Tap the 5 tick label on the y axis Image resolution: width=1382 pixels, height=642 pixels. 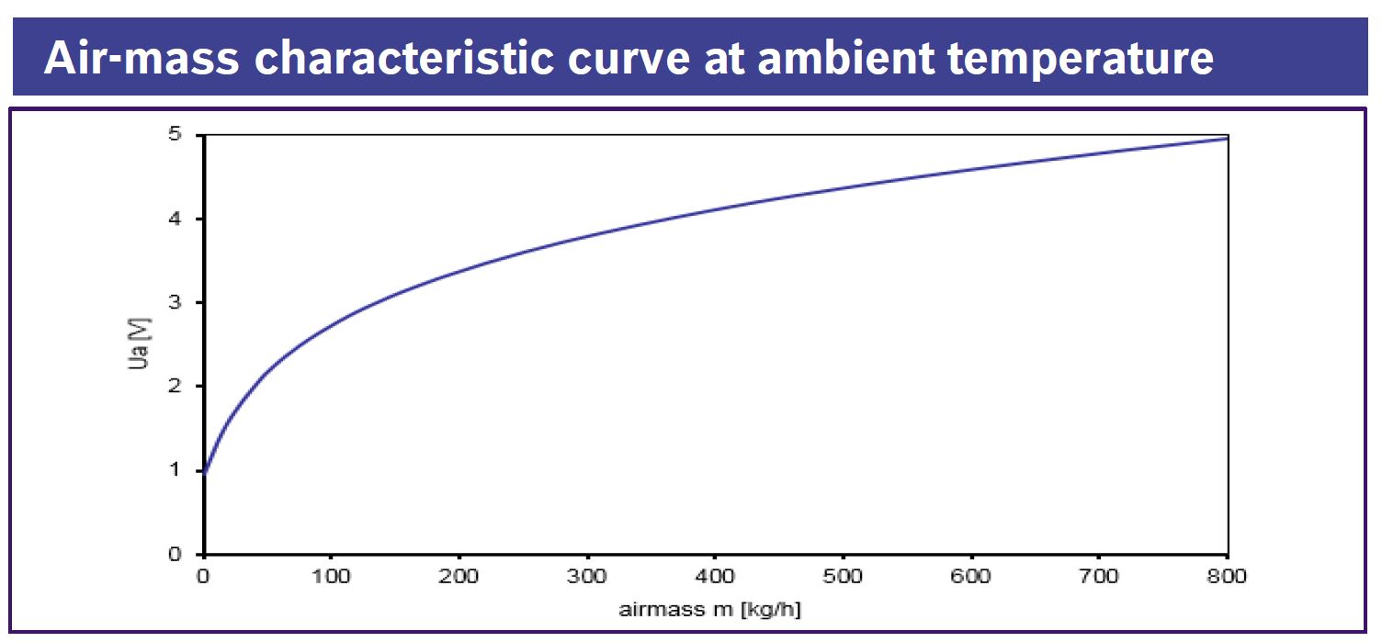pyautogui.click(x=175, y=135)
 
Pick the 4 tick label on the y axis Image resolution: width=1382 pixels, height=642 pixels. pyautogui.click(x=175, y=219)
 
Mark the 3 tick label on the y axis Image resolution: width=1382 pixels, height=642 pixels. pyautogui.click(x=175, y=302)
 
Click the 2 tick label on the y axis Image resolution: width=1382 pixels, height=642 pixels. pyautogui.click(x=175, y=386)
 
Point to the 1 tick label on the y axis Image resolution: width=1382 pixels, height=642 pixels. pyautogui.click(x=175, y=470)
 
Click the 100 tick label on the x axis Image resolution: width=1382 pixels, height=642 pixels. pyautogui.click(x=332, y=578)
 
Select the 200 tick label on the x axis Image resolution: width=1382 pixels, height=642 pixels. pyautogui.click(x=459, y=578)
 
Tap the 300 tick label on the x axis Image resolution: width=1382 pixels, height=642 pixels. pyautogui.click(x=587, y=578)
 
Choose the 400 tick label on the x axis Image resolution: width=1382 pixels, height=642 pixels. pyautogui.click(x=715, y=578)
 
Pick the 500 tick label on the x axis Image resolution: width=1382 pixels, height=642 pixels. pyautogui.click(x=844, y=578)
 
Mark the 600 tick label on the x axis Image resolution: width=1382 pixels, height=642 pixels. pyautogui.click(x=971, y=578)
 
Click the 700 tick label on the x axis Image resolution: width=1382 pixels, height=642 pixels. pyautogui.click(x=1099, y=578)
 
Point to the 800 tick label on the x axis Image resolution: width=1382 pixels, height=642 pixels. pyautogui.click(x=1227, y=578)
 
